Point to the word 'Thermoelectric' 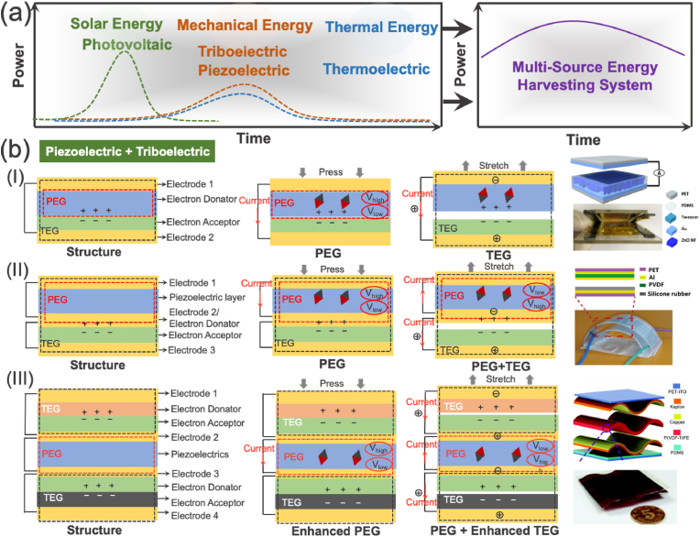tap(376, 69)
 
